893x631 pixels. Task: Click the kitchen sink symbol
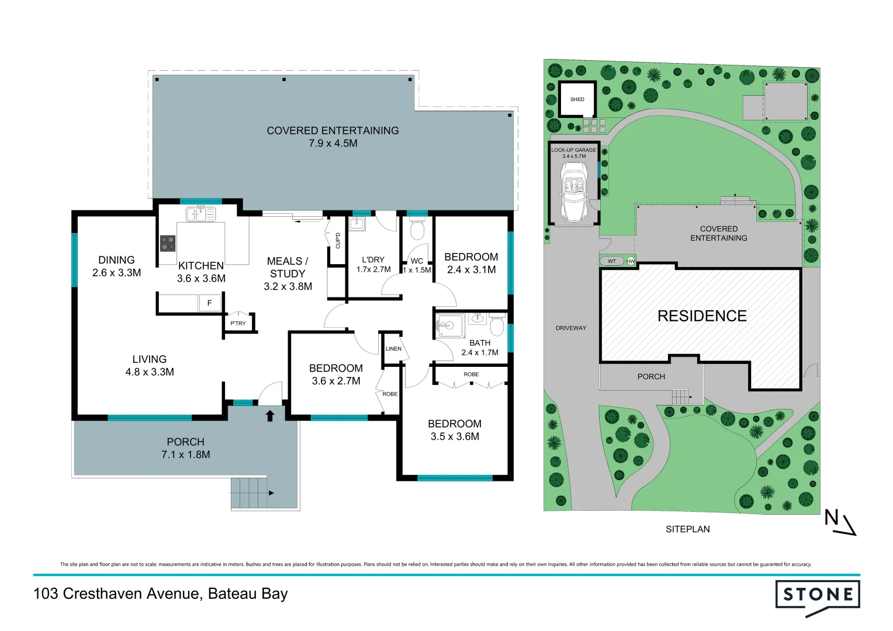pos(200,214)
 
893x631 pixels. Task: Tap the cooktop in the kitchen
pos(168,243)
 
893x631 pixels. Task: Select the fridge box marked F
pos(209,303)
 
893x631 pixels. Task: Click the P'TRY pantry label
pos(238,323)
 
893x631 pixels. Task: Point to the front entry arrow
pos(270,415)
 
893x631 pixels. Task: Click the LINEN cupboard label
pos(393,349)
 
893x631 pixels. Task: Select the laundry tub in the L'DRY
pos(357,223)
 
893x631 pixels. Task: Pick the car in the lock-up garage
pos(573,192)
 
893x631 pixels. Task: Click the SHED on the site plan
pos(577,99)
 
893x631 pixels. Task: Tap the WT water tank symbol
pos(612,261)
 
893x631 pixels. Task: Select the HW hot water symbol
pos(631,261)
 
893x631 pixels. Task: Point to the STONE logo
pos(817,596)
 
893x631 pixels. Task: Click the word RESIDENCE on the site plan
pos(702,316)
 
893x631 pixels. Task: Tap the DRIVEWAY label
pos(570,328)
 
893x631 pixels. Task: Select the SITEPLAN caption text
pos(687,529)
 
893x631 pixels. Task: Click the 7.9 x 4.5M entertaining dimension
pos(333,144)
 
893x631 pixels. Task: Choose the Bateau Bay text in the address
pos(248,594)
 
